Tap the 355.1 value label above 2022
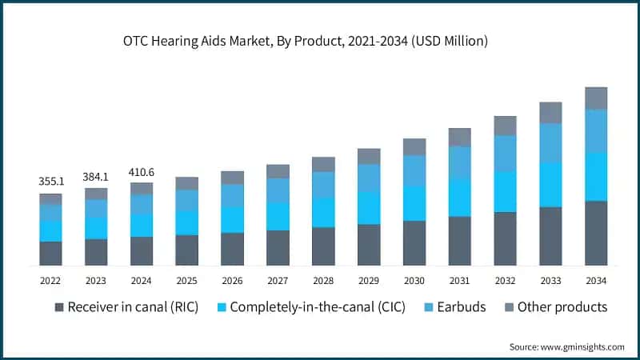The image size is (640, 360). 50,182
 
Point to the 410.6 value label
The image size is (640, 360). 142,171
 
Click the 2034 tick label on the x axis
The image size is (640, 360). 596,280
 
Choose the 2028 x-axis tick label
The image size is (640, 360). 323,280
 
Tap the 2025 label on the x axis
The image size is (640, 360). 186,280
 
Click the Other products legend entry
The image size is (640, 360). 554,307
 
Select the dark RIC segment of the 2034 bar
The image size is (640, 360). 596,233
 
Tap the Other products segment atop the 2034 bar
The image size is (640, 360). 596,98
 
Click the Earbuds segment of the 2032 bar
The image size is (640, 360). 505,153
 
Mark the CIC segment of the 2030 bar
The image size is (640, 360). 414,203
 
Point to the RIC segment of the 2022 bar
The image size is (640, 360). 50,253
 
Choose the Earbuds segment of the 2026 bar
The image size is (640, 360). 232,196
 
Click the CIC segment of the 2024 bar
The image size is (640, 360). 142,226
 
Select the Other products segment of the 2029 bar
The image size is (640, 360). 369,156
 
